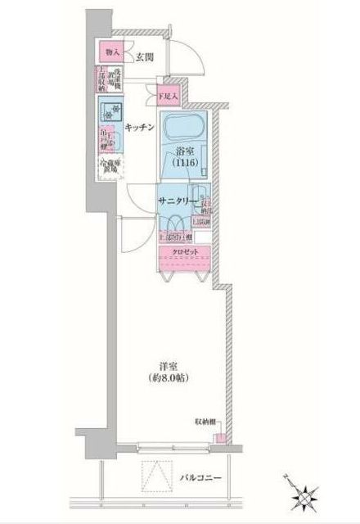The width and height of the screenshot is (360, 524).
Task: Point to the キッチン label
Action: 142,127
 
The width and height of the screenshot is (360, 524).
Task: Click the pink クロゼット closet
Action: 183,252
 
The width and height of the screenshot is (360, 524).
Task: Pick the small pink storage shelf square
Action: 218,436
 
